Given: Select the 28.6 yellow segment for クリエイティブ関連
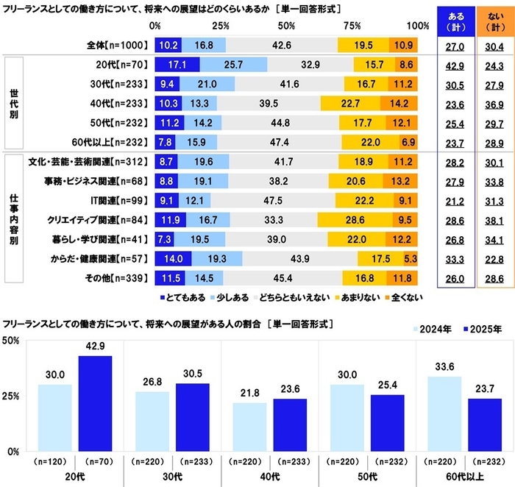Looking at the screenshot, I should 353,219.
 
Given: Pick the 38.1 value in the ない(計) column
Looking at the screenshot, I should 494,219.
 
